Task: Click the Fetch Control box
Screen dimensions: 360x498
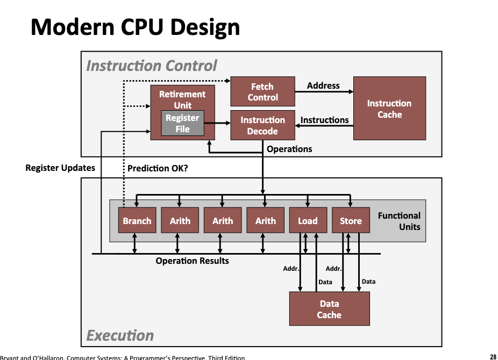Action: [262, 92]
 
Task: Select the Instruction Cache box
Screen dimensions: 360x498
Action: [389, 109]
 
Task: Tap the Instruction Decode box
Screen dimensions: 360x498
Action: [262, 126]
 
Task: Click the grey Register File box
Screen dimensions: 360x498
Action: [182, 123]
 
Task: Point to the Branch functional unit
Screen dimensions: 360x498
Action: [137, 221]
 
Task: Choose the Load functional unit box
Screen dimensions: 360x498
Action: [308, 221]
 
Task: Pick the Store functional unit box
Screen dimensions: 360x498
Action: [351, 221]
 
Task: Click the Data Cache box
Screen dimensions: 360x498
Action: [329, 309]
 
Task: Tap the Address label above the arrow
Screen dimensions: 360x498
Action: [323, 85]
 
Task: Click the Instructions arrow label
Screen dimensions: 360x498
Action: [324, 120]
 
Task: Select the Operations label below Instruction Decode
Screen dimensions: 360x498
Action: [289, 149]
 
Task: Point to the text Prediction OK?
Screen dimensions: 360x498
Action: [158, 168]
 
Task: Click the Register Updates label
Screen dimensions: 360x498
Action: [60, 168]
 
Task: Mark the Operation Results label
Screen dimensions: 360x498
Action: [192, 261]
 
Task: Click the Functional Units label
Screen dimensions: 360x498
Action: [399, 221]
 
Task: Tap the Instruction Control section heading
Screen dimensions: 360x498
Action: [152, 66]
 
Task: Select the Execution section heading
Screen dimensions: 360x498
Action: [120, 336]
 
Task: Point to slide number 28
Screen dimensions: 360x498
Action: [493, 356]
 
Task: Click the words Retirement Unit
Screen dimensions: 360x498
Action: [182, 99]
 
